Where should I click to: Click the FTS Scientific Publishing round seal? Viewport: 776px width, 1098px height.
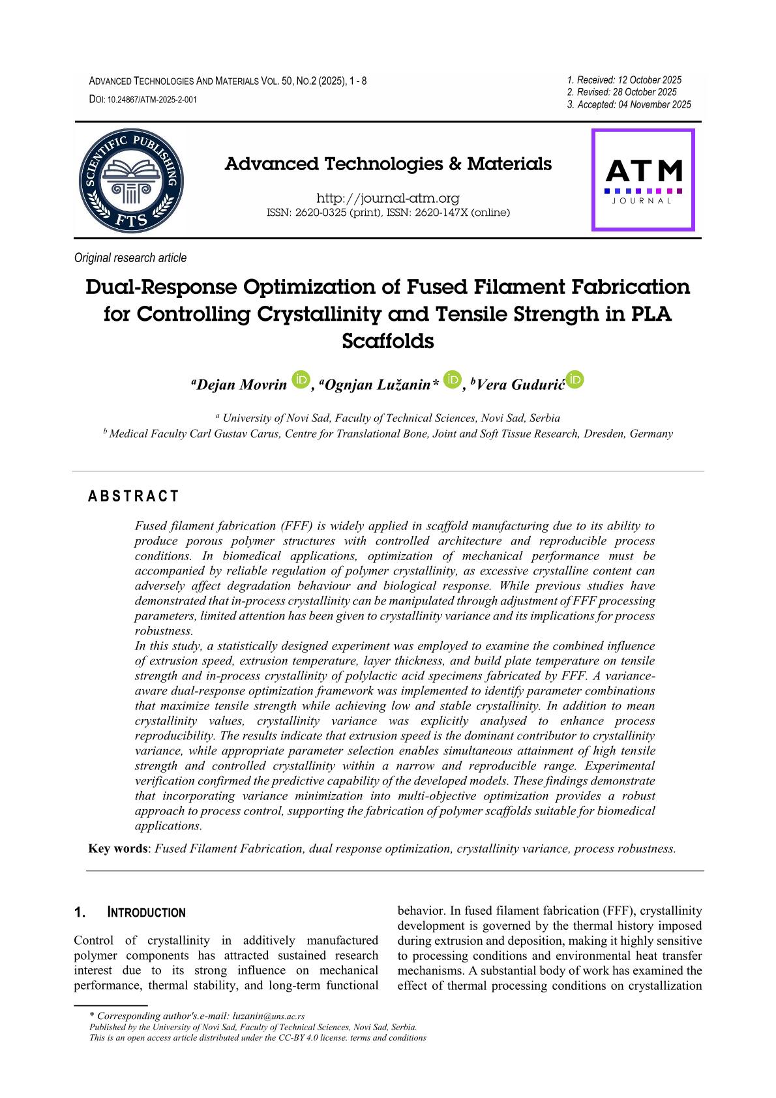pyautogui.click(x=130, y=180)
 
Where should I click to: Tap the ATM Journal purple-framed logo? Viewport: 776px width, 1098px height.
pyautogui.click(x=643, y=180)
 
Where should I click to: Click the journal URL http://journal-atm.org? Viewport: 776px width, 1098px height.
pyautogui.click(x=387, y=198)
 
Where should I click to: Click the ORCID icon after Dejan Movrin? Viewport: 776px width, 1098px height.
pyautogui.click(x=301, y=379)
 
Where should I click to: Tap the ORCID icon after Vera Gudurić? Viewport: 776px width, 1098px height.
pyautogui.click(x=575, y=379)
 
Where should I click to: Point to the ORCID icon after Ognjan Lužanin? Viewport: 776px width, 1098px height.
pyautogui.click(x=451, y=379)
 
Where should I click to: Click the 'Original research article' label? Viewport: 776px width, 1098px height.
pyautogui.click(x=130, y=258)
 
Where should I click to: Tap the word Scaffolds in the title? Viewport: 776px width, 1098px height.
pyautogui.click(x=387, y=341)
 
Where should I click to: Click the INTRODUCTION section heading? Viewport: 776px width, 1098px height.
pyautogui.click(x=146, y=913)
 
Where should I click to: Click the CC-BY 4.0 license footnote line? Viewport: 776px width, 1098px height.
pyautogui.click(x=258, y=1037)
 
